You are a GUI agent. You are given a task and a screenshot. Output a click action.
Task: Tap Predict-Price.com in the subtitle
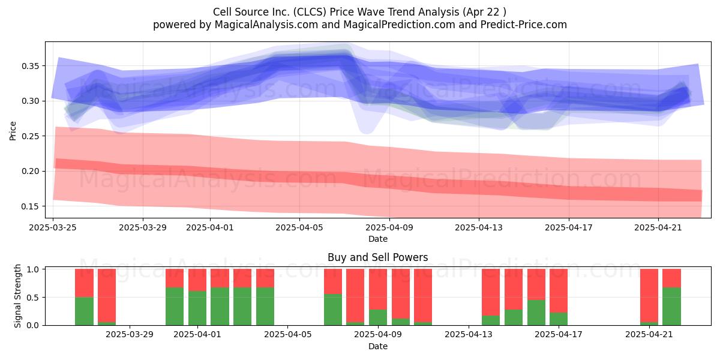coord(524,25)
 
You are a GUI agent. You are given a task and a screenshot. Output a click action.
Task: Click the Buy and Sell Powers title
coord(377,257)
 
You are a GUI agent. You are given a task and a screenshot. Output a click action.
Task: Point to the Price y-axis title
coord(13,131)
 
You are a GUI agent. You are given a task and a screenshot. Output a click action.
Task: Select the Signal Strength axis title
coord(17,296)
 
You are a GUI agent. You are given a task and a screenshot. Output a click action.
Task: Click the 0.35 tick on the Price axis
coord(30,66)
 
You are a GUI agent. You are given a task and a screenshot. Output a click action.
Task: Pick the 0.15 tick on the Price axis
coord(30,206)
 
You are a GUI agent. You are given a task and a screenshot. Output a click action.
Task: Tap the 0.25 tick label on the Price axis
coord(30,136)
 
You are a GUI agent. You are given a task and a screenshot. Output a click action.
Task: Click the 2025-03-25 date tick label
coord(53,227)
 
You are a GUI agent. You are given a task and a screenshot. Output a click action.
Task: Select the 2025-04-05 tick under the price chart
coord(299,227)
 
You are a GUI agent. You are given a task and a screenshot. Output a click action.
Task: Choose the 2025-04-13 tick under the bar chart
coord(469,335)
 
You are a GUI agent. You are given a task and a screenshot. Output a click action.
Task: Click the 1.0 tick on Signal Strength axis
coord(33,269)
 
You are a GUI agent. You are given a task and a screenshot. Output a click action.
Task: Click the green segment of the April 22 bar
coord(671,307)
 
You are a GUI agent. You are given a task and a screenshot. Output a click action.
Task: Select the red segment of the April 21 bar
coord(649,295)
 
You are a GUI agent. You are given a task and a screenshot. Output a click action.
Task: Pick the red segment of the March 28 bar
coord(107,295)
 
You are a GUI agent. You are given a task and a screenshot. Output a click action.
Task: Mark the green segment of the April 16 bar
coord(536,313)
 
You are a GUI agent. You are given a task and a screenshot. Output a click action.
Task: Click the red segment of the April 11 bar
coord(423,295)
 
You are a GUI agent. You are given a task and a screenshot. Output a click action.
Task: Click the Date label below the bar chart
coord(377,347)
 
